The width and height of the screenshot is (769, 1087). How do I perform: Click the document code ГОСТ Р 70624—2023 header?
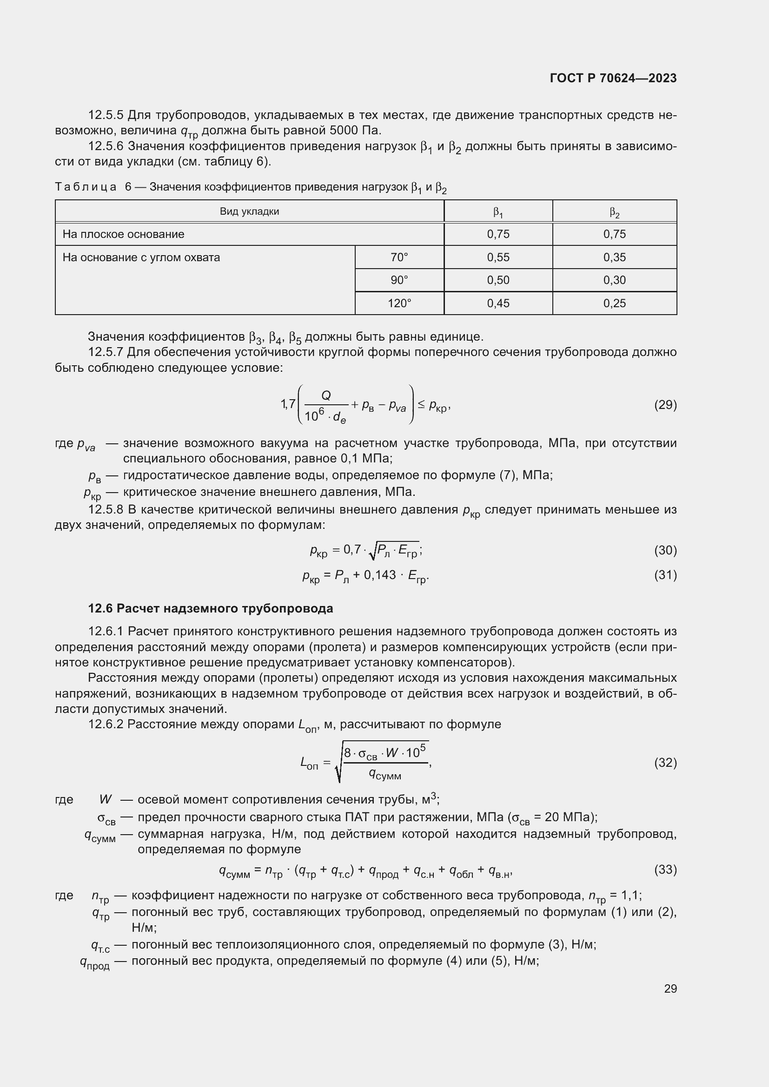613,78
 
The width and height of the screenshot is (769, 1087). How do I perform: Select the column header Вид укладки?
249,211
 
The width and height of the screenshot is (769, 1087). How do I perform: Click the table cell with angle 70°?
399,257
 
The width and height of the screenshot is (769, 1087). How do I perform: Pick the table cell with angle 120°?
399,303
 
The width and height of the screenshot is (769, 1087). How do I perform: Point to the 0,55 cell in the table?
498,257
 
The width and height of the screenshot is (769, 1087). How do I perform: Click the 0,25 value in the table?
614,303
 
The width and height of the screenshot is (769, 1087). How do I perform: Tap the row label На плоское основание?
124,234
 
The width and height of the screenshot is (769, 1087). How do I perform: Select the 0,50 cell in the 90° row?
498,280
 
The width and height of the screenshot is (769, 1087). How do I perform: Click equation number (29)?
665,405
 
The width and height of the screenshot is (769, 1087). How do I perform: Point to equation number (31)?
665,575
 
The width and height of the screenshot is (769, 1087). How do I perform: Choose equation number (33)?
665,870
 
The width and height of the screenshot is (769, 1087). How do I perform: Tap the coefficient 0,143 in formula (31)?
379,575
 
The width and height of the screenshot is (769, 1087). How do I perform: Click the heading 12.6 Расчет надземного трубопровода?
211,608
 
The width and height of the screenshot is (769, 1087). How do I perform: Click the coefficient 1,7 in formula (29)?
288,404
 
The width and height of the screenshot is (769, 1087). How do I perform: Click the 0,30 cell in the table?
614,280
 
